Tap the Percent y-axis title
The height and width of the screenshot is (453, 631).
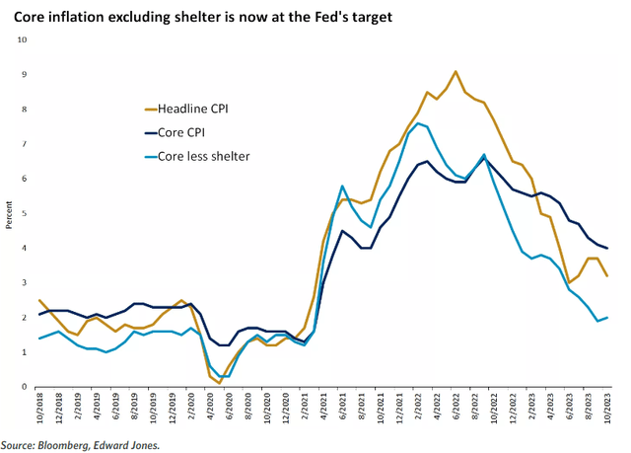pos(10,214)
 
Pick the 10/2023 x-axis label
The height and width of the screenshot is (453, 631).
pos(609,408)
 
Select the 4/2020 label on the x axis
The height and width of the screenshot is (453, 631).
pos(210,408)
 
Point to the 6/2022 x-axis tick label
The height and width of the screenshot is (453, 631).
pos(456,408)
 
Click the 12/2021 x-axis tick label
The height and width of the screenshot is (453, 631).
pos(400,408)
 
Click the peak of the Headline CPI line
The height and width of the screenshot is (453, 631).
pos(455,71)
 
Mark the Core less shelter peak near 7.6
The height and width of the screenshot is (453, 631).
pos(419,123)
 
